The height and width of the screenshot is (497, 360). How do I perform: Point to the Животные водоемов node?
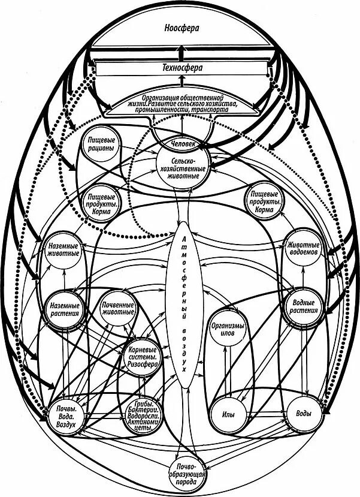304,249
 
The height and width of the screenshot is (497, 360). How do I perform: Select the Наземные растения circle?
62,306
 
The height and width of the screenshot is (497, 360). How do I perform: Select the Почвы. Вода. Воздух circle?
65,415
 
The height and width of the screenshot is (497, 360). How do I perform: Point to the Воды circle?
303,413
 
